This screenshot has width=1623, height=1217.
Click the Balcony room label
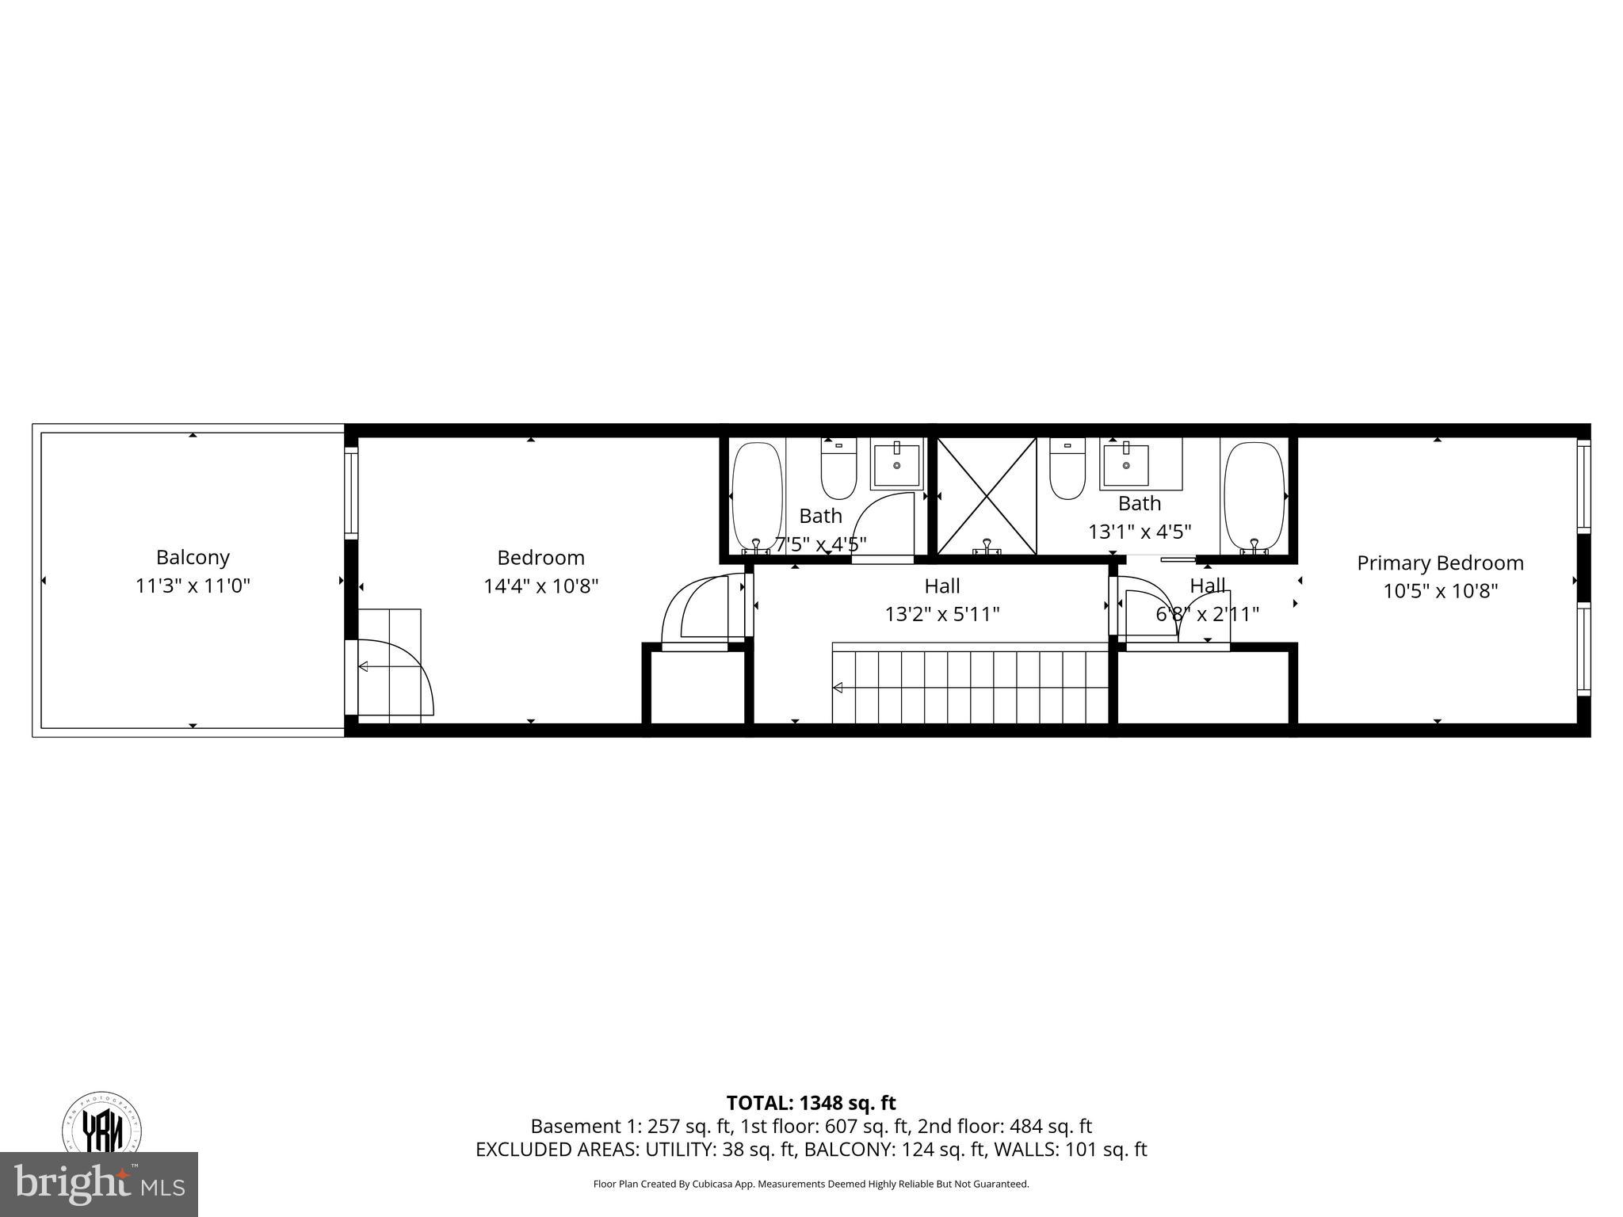(x=193, y=557)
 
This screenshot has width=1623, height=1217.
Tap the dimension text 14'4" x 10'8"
(x=540, y=586)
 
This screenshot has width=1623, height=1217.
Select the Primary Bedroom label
(x=1440, y=563)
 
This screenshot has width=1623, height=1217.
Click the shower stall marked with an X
(x=987, y=496)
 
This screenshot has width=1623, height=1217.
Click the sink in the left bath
(x=897, y=464)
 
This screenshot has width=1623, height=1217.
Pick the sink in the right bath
(x=1125, y=464)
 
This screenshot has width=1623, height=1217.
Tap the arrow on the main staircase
(x=838, y=687)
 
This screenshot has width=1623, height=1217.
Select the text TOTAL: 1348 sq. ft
(x=811, y=1103)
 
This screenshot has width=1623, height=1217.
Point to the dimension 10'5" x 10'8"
(x=1440, y=591)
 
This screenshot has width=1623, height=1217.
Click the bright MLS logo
(x=99, y=1184)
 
